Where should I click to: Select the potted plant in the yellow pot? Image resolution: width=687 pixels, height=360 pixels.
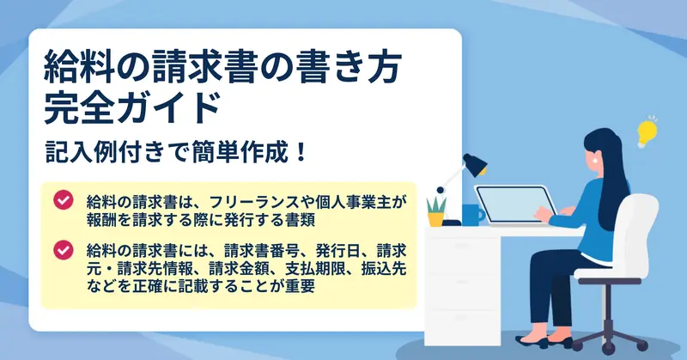[x=436, y=212]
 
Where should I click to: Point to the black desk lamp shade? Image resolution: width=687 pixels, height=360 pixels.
[x=475, y=164]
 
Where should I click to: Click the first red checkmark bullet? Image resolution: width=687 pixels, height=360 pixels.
[x=64, y=199]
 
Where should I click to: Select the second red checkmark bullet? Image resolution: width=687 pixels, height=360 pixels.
[x=64, y=249]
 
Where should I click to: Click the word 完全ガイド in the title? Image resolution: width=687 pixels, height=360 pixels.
[x=132, y=108]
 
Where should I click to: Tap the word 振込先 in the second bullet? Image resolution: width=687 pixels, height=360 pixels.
[x=384, y=268]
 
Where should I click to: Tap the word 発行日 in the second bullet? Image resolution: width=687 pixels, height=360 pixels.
[x=337, y=251]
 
